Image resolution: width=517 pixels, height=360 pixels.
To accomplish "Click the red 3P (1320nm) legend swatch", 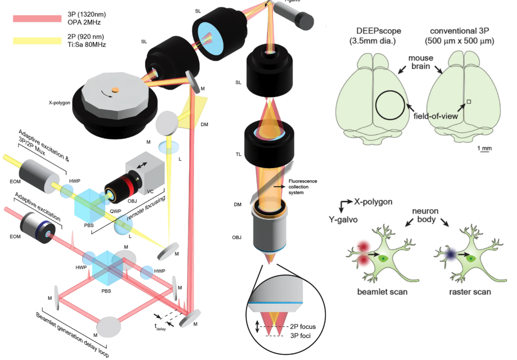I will pos(36,18).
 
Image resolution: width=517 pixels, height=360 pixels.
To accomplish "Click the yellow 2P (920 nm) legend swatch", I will pos(36,40).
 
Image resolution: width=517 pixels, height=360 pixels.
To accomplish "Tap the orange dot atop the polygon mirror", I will pos(115,89).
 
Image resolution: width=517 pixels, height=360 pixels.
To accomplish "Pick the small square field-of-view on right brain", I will pos(469,102).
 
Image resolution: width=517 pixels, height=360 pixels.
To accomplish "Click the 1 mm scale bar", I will pos(484,149).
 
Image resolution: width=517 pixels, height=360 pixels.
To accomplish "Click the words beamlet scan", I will pos(382,292).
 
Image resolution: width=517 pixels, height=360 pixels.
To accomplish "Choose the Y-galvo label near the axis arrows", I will pos(342,220).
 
